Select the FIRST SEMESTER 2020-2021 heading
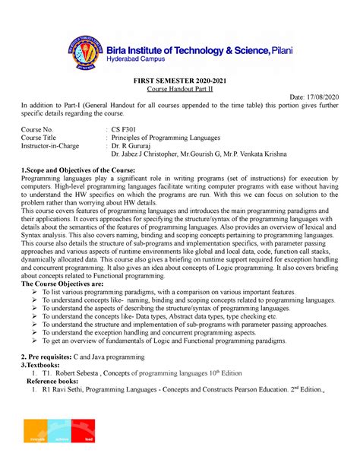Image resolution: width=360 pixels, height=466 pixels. click(x=180, y=89)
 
